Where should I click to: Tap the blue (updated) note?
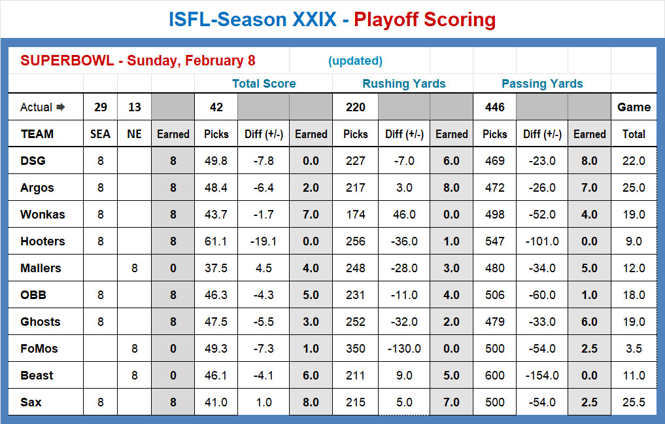tap(355, 61)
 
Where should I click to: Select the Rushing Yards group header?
tap(403, 84)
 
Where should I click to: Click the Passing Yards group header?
tap(542, 84)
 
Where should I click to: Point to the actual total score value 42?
tap(216, 107)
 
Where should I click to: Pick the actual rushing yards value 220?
tap(355, 107)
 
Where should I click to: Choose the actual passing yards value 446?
tap(494, 107)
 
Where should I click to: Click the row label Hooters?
tap(43, 241)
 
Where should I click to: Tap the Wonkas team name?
tap(43, 215)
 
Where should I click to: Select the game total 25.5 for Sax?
tap(633, 402)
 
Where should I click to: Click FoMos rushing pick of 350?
tap(355, 349)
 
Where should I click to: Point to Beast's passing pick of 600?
tap(494, 376)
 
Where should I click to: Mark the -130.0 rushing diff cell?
tap(403, 349)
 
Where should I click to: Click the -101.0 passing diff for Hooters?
tap(542, 241)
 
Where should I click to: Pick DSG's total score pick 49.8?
tap(216, 161)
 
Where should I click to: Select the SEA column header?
tap(100, 134)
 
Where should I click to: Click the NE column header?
tap(134, 134)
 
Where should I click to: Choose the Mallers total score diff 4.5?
tap(264, 268)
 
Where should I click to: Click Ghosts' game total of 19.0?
tap(633, 322)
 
